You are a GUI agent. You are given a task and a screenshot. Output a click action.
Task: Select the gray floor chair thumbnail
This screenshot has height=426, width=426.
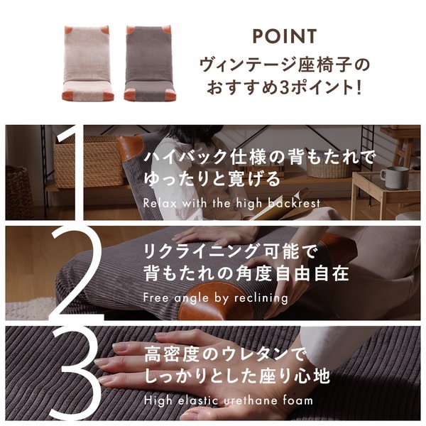[149, 62]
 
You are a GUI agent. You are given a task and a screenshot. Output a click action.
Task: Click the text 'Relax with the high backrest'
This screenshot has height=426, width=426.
[231, 203]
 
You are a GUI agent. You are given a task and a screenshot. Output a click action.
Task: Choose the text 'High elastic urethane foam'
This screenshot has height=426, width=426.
[227, 400]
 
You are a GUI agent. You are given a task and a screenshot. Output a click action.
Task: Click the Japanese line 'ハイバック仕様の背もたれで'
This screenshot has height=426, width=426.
[258, 157]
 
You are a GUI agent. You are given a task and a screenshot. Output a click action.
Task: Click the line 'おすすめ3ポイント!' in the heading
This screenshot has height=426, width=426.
[284, 90]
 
